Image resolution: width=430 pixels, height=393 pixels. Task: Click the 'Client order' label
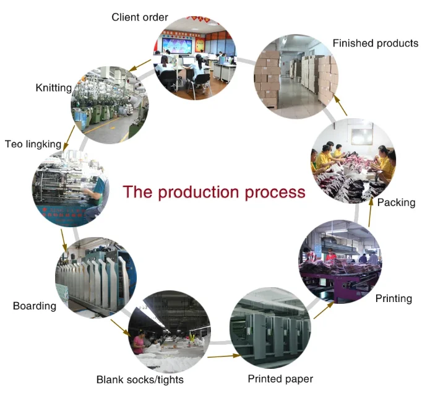pyautogui.click(x=140, y=17)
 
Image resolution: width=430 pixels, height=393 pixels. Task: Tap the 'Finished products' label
pyautogui.click(x=376, y=43)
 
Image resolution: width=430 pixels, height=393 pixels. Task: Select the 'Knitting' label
pyautogui.click(x=54, y=88)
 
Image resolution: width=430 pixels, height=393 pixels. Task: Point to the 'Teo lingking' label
pyautogui.click(x=33, y=144)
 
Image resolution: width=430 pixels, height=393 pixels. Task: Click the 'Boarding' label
pyautogui.click(x=35, y=306)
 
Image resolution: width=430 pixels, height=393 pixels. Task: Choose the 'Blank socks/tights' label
pyautogui.click(x=140, y=379)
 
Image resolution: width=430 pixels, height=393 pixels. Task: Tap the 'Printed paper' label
pyautogui.click(x=280, y=378)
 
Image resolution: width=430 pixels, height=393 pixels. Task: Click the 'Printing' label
pyautogui.click(x=393, y=298)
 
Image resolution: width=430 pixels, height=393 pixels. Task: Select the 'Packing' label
pyautogui.click(x=396, y=202)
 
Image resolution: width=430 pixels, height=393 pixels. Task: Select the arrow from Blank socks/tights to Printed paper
pyautogui.click(x=223, y=356)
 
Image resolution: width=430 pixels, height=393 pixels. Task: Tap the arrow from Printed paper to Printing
pyautogui.click(x=322, y=310)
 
